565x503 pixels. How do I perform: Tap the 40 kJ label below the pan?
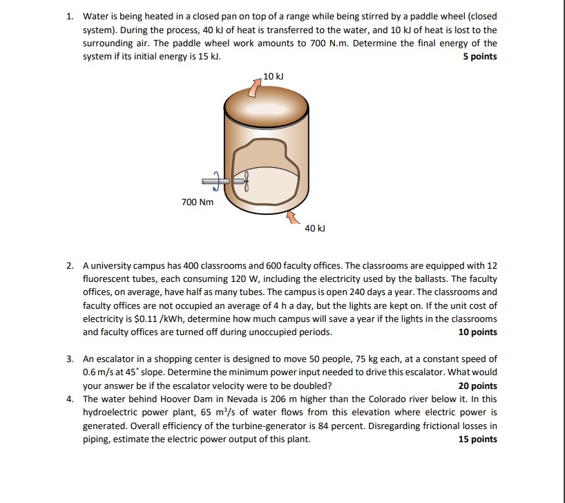point(314,227)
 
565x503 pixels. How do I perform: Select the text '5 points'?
point(479,57)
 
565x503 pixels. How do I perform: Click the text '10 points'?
point(477,332)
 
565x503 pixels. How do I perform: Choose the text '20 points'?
point(477,386)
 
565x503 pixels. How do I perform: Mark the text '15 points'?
point(477,439)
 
